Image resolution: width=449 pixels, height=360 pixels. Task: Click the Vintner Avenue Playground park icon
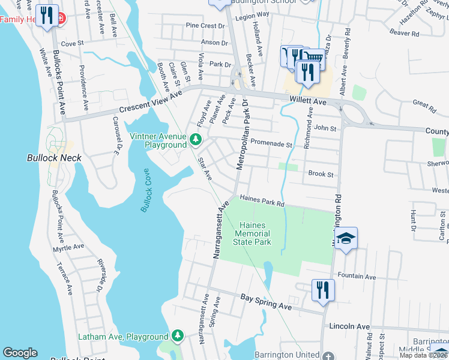[x=195, y=139]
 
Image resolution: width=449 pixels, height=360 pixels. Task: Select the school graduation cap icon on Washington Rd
[x=346, y=239]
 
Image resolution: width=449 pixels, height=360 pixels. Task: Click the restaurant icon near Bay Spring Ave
[x=322, y=290]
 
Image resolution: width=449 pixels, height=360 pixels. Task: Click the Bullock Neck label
[x=54, y=158]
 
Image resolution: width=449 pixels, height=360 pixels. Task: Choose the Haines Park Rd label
[x=261, y=200]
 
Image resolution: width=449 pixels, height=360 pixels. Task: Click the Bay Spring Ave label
[x=266, y=302]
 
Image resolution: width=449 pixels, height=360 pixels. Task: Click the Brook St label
[x=321, y=174]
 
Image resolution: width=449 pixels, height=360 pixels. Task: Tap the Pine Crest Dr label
[x=205, y=26]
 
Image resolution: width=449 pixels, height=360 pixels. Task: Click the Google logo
[x=20, y=353]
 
